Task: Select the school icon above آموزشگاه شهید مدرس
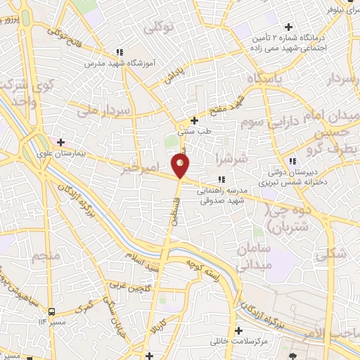120,52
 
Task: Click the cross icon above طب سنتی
195,120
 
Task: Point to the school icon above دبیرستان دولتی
292,162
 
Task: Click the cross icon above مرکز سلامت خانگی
240,330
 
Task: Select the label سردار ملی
105,110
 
